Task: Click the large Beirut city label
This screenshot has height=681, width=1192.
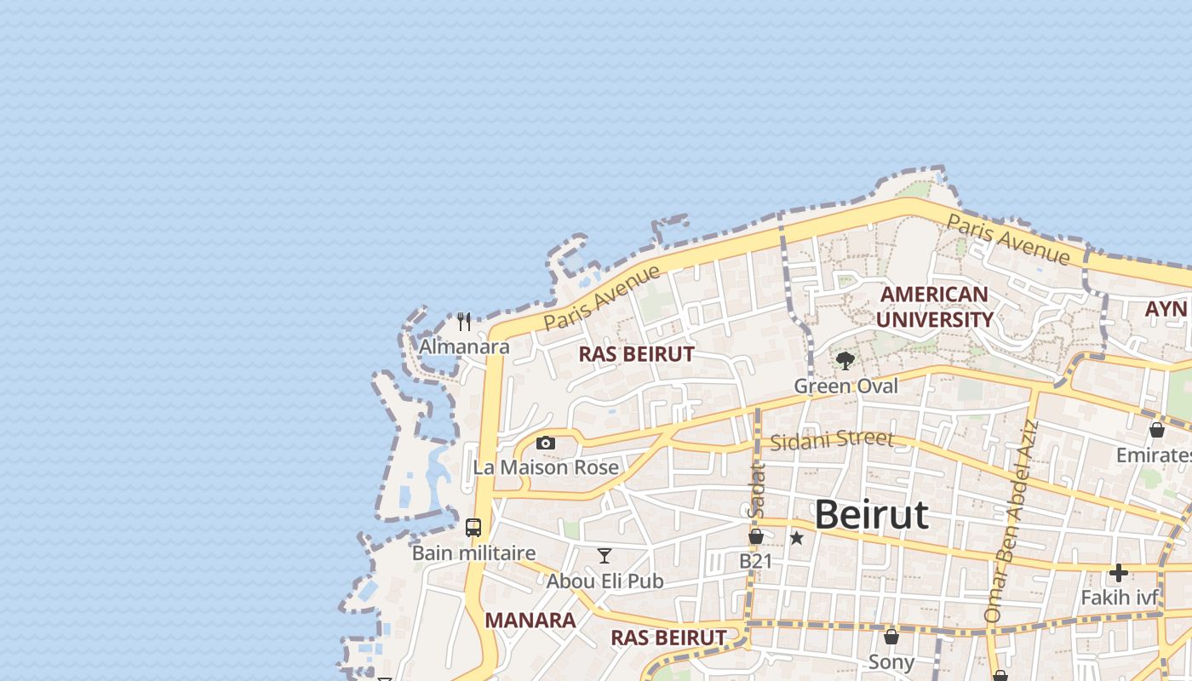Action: pyautogui.click(x=871, y=515)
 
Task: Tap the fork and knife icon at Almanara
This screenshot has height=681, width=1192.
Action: pyautogui.click(x=464, y=322)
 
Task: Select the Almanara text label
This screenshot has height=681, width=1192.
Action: pyautogui.click(x=464, y=346)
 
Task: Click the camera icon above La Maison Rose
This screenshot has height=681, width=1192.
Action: pyautogui.click(x=546, y=443)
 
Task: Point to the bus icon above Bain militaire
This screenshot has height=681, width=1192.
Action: pyautogui.click(x=473, y=528)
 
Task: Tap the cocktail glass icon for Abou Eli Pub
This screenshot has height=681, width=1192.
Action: pyautogui.click(x=605, y=556)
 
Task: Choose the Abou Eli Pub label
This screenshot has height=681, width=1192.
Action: pyautogui.click(x=605, y=581)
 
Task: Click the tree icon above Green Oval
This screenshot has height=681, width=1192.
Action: pyautogui.click(x=845, y=361)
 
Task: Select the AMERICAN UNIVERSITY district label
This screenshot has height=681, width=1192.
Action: pyautogui.click(x=934, y=307)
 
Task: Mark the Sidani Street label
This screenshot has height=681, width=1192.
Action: pyautogui.click(x=832, y=440)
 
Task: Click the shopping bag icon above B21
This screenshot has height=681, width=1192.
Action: pyautogui.click(x=755, y=536)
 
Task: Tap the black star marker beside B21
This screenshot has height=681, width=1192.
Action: pyautogui.click(x=797, y=538)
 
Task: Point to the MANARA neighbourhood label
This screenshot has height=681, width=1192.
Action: pyautogui.click(x=530, y=621)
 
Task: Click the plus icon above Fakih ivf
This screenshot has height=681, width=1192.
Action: pyautogui.click(x=1119, y=573)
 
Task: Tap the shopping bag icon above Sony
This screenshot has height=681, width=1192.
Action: pyautogui.click(x=891, y=637)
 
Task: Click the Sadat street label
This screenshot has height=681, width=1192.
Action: pyautogui.click(x=755, y=490)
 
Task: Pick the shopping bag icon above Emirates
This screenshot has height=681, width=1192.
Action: pyautogui.click(x=1157, y=430)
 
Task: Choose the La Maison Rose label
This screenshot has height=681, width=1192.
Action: pyautogui.click(x=546, y=467)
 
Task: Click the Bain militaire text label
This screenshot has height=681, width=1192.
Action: pyautogui.click(x=473, y=553)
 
